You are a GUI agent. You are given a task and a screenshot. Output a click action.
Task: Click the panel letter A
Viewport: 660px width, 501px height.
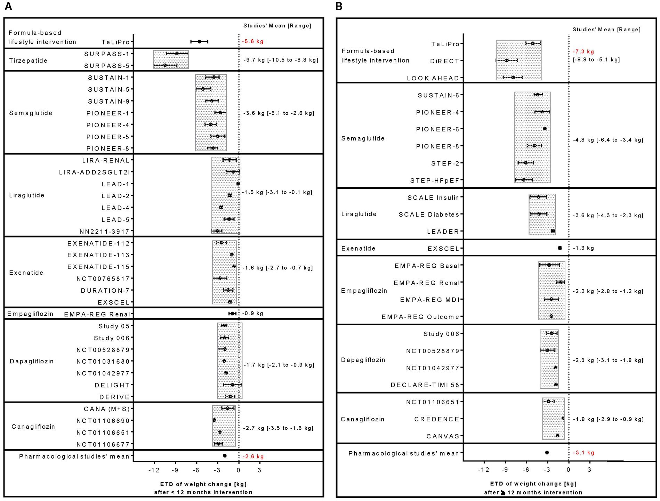click(8, 7)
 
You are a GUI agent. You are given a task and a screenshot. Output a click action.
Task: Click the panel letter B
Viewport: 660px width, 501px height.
click(339, 7)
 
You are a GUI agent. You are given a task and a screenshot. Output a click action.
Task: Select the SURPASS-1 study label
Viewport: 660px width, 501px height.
click(107, 54)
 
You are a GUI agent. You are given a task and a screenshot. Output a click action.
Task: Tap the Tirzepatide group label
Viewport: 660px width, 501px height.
click(28, 60)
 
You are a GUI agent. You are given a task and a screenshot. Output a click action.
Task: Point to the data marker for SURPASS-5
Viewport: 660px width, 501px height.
click(165, 65)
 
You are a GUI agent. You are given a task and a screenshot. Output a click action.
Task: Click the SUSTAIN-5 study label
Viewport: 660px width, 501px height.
click(108, 90)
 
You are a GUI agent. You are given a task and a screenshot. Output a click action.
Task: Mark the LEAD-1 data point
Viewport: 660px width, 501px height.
click(238, 184)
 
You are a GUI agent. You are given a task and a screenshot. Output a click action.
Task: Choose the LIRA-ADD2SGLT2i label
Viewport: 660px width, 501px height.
click(94, 172)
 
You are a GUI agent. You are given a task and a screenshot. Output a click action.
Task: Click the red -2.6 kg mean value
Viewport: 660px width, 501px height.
click(253, 456)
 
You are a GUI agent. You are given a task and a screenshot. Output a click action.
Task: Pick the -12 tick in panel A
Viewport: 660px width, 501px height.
click(154, 470)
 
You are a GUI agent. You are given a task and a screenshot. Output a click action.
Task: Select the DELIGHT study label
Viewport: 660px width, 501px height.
click(112, 385)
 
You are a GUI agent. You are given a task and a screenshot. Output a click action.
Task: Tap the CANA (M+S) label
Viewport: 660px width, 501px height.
click(107, 409)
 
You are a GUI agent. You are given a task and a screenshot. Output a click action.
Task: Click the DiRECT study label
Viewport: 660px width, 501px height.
click(445, 61)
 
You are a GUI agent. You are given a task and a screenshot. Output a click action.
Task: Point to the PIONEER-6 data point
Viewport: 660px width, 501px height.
click(545, 129)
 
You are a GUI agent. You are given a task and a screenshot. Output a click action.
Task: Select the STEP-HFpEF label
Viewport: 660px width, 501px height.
click(435, 180)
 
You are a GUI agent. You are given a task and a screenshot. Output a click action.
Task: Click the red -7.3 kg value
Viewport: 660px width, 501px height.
click(583, 52)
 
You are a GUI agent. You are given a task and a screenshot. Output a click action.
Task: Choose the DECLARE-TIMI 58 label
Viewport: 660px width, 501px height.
click(425, 385)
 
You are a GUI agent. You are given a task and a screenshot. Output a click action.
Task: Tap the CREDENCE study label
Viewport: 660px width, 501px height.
click(437, 419)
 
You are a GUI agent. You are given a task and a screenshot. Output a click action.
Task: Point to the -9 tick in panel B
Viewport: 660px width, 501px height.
click(505, 470)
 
